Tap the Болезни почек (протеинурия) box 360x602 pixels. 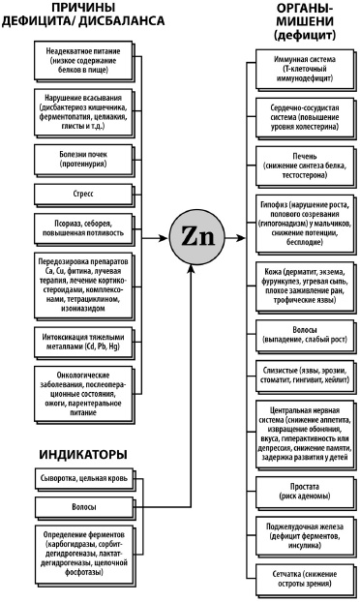coord(80,157)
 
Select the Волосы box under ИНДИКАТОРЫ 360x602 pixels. coord(80,506)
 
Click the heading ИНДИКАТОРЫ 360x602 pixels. coord(69,453)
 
